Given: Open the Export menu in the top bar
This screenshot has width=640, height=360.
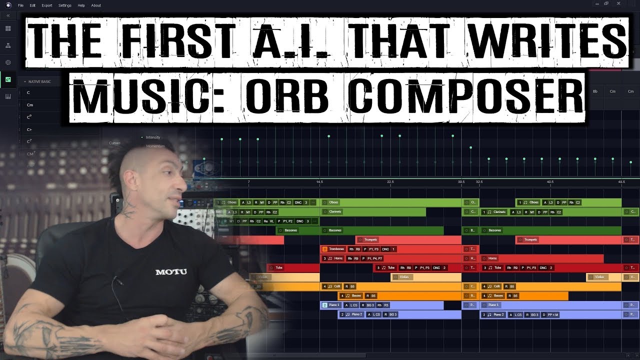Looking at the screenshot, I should pos(46,5).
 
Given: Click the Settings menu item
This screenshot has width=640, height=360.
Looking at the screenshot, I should pos(65,5).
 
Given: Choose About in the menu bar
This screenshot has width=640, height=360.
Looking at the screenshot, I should pos(96,5).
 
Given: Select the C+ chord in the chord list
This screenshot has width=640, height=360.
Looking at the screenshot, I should pos(29,129).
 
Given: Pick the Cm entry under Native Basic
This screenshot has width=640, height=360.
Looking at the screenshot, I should pos(30,105).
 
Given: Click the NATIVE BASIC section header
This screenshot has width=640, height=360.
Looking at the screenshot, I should pos(39,81).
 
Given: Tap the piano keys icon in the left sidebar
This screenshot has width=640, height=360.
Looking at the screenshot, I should pos(8,96).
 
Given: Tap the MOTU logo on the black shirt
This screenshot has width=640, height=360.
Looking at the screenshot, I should pos(171,272).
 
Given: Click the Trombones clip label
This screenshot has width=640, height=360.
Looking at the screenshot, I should pos(336,249).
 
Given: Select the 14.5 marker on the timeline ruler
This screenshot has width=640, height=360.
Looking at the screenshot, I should pos(320,182).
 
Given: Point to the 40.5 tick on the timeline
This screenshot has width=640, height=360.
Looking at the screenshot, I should pos(550,182).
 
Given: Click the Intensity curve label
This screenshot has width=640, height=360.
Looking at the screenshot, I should pos(153,137).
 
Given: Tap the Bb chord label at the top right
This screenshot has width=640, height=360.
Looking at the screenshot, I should pos(595,91).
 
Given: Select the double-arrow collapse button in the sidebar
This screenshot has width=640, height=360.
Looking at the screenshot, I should pos(8,16).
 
